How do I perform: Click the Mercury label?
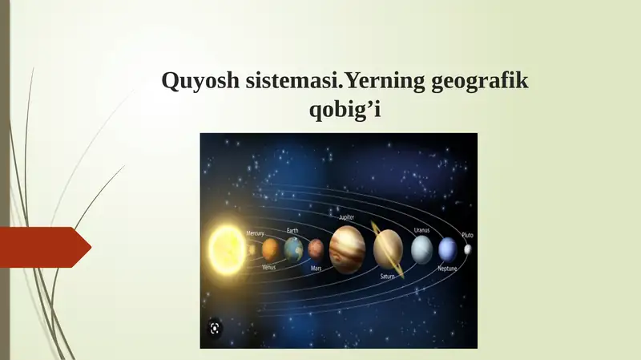click(x=255, y=233)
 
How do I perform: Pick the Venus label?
click(x=269, y=267)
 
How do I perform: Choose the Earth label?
click(x=292, y=230)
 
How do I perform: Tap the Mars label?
click(x=316, y=268)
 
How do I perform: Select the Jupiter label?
click(x=346, y=217)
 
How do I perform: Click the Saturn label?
click(x=387, y=276)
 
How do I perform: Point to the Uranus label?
click(x=421, y=229)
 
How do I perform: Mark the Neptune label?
click(x=447, y=269)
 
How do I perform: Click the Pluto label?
click(x=467, y=235)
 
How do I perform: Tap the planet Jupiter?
click(x=347, y=249)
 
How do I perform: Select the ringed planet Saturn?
click(x=388, y=249)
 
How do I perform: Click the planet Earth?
click(x=293, y=249)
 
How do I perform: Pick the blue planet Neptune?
click(x=447, y=249)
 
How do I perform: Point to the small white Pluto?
click(x=467, y=249)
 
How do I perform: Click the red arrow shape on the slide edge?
click(x=44, y=247)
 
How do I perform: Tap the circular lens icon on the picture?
click(x=214, y=327)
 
